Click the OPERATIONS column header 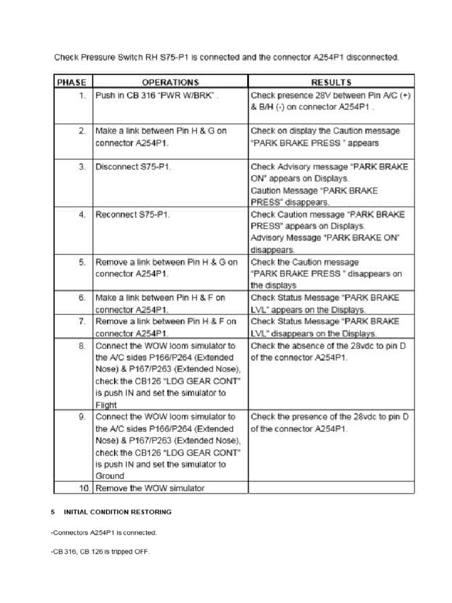(x=171, y=82)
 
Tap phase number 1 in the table (x=81, y=94)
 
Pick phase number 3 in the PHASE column (x=82, y=167)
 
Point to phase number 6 (x=82, y=298)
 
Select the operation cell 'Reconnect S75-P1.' (x=132, y=214)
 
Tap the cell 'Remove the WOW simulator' (x=144, y=488)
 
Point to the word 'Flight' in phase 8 (x=107, y=405)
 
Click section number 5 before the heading (x=52, y=512)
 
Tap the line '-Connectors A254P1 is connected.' (x=104, y=532)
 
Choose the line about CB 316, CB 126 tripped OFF (x=100, y=552)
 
